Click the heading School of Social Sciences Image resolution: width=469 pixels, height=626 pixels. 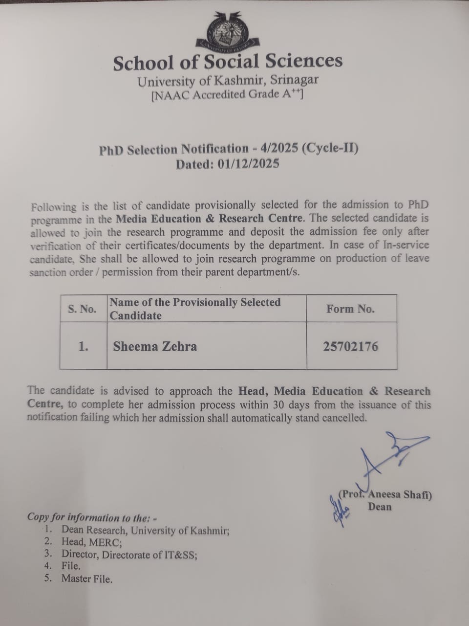[228, 62]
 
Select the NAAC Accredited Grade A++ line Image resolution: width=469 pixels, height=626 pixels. [227, 94]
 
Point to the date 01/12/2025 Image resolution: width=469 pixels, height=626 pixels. [249, 164]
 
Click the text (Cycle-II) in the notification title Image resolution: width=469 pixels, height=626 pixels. [330, 148]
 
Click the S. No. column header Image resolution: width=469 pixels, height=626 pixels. [82, 309]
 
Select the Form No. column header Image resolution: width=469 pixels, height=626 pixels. [351, 309]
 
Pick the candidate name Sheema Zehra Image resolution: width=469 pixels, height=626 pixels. [155, 347]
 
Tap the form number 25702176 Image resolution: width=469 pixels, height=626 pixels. [351, 347]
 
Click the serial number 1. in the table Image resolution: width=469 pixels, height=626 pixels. [83, 347]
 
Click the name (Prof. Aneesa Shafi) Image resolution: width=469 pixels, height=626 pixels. [385, 494]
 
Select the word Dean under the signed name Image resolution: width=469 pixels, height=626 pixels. [380, 507]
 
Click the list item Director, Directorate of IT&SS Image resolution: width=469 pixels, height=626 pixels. [129, 555]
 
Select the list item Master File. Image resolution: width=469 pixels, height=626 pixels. [86, 579]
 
